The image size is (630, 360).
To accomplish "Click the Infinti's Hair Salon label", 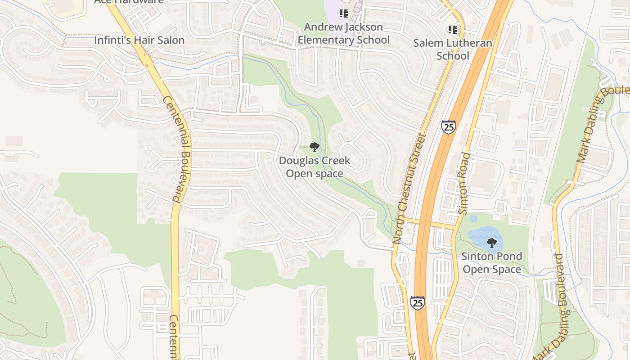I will click(x=139, y=40).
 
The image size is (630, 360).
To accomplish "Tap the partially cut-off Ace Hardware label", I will click(x=129, y=1).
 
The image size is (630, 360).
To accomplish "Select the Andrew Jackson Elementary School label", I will click(x=344, y=33).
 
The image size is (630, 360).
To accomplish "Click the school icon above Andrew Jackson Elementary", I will click(x=344, y=13).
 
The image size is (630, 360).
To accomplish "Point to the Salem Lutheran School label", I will click(x=453, y=49).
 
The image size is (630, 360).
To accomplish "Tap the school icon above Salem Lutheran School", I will click(x=453, y=30).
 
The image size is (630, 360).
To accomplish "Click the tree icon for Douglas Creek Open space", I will click(x=315, y=147).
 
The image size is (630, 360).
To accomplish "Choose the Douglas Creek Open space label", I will click(x=315, y=167).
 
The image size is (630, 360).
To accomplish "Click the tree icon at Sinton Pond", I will click(x=492, y=243).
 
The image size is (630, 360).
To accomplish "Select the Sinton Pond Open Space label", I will click(x=492, y=263).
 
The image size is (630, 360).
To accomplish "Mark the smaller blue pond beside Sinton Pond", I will click(x=473, y=219).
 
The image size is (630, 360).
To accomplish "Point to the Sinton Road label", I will click(x=463, y=183).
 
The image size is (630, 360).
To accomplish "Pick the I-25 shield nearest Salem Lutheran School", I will click(x=448, y=127).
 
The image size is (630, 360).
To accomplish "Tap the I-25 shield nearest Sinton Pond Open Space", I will click(x=417, y=302).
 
